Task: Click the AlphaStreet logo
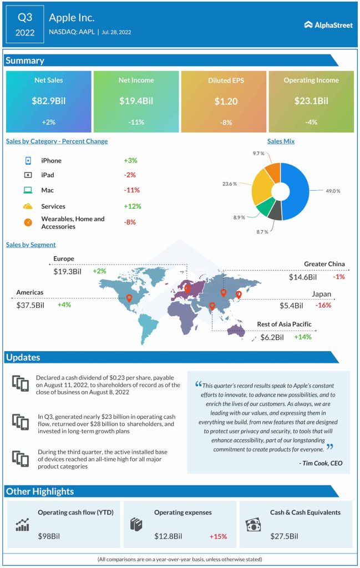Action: pyautogui.click(x=328, y=25)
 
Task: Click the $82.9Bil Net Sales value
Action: pyautogui.click(x=48, y=101)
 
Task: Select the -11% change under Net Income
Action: pyautogui.click(x=136, y=122)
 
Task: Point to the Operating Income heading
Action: pyautogui.click(x=311, y=80)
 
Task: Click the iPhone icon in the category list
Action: pyautogui.click(x=27, y=160)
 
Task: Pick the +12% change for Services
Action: pyautogui.click(x=133, y=206)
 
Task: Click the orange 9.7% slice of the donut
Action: pyautogui.click(x=272, y=171)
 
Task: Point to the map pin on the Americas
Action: pyautogui.click(x=129, y=298)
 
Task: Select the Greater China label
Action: pyautogui.click(x=324, y=263)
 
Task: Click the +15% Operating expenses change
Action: pyautogui.click(x=219, y=536)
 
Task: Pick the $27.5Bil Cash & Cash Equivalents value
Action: pyautogui.click(x=284, y=536)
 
